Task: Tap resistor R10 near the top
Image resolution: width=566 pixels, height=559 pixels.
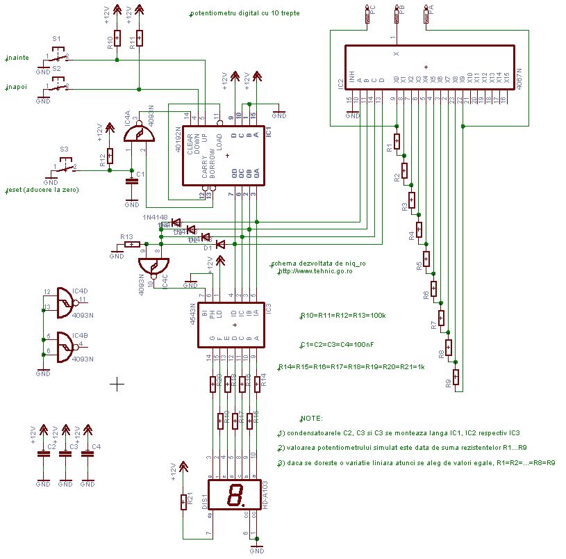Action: pos(118,38)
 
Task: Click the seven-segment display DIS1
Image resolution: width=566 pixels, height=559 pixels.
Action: pos(234,496)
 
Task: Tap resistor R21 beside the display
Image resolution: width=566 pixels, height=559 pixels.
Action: pos(183,500)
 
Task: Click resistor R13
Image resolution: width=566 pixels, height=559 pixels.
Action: pos(131,244)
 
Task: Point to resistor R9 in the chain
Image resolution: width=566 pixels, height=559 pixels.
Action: pos(456,377)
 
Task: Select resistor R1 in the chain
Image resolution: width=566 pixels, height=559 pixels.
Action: pos(397,141)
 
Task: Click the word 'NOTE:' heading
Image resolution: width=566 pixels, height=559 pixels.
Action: pos(311,419)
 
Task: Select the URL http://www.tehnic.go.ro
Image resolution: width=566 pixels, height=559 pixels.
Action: pos(315,271)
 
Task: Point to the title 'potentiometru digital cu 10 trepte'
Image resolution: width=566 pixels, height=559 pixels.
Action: pos(244,13)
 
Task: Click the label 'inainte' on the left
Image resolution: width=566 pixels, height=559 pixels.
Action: pos(18,58)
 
